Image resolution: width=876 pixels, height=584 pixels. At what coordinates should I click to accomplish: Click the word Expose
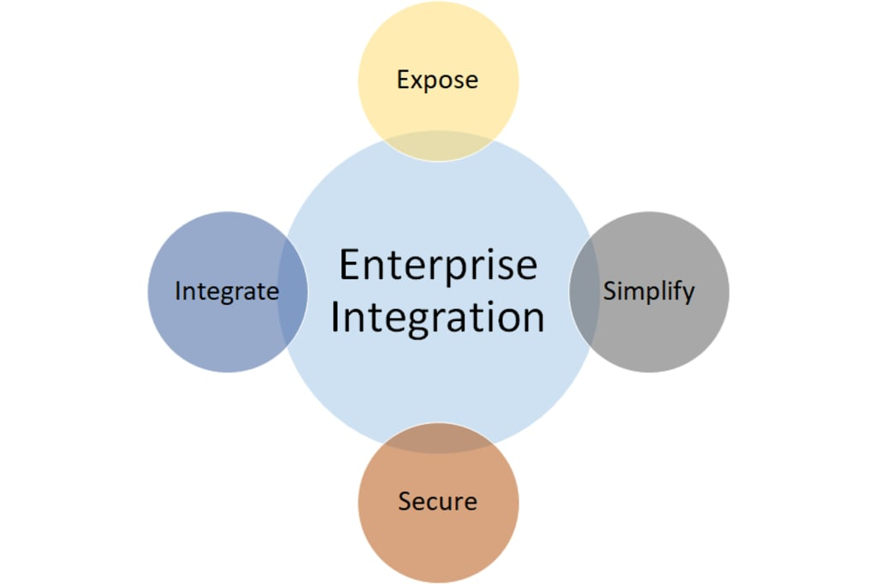click(x=437, y=80)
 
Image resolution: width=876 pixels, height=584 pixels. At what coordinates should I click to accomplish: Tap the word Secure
click(x=437, y=501)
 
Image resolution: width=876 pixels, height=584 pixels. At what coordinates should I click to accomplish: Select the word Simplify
click(x=648, y=291)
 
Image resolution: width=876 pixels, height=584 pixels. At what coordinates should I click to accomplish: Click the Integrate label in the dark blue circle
click(x=227, y=291)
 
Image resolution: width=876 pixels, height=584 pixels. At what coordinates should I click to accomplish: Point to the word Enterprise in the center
click(x=438, y=265)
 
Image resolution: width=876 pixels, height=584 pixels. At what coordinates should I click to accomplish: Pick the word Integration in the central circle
click(x=438, y=317)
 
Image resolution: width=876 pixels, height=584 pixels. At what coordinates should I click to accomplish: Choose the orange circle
click(x=438, y=539)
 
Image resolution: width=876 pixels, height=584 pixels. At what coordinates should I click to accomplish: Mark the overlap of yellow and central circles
click(x=438, y=146)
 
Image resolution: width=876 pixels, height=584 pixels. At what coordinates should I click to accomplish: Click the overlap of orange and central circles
click(x=438, y=438)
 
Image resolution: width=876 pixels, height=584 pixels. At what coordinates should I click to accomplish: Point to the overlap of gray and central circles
click(x=583, y=291)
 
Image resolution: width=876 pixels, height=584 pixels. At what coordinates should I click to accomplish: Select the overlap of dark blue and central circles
click(x=293, y=291)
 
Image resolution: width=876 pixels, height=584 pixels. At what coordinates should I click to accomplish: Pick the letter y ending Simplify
click(x=688, y=294)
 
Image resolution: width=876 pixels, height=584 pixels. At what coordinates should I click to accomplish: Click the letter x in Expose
click(x=417, y=81)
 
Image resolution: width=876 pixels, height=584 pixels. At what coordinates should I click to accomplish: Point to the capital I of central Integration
click(x=336, y=317)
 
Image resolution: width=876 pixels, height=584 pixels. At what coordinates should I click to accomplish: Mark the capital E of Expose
click(x=403, y=80)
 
